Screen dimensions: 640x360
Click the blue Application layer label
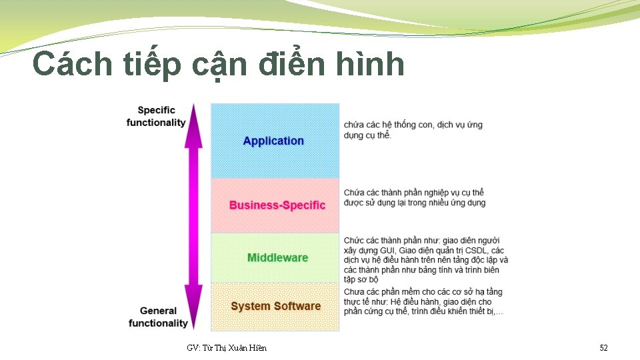coord(273,141)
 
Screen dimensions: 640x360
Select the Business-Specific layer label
coord(277,205)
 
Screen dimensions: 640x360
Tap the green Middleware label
coord(277,257)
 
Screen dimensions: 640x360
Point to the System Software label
coord(275,306)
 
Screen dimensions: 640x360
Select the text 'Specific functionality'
coord(156,116)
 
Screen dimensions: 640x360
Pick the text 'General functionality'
coord(158,317)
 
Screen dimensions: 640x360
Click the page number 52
coord(603,348)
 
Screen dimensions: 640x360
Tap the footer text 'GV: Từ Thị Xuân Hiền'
coord(227,348)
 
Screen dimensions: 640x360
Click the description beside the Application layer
coord(413,129)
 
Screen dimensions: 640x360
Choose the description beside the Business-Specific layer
coord(415,197)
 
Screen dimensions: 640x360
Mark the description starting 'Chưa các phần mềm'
coord(423,301)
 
